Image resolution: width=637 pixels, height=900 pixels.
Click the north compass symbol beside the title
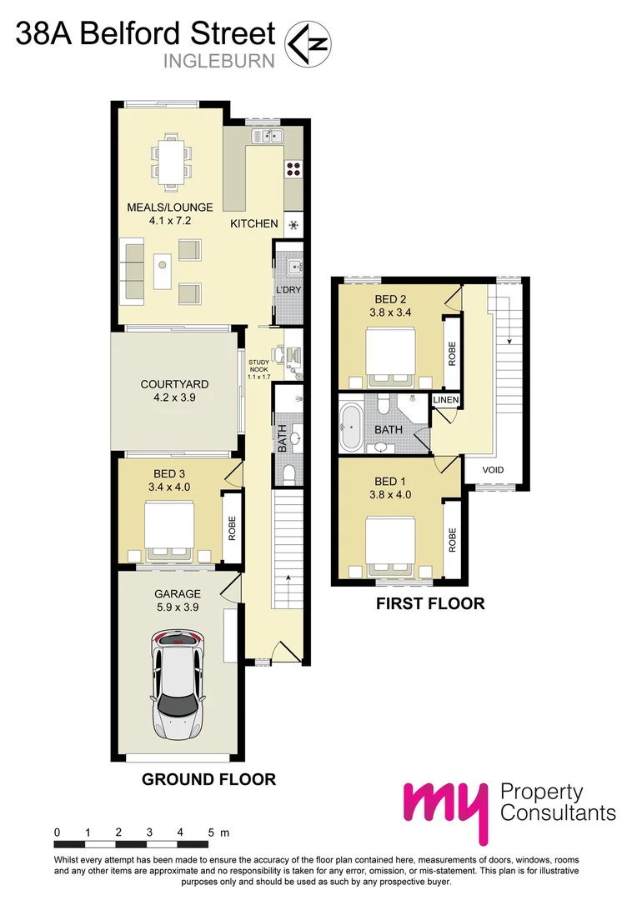[308, 43]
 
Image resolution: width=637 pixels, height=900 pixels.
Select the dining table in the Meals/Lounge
[171, 161]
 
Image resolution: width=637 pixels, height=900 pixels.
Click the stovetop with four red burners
[293, 169]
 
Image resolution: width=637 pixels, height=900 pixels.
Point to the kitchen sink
[271, 135]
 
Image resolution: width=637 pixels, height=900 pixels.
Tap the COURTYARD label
[174, 384]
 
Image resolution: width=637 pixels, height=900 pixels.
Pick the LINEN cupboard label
[445, 401]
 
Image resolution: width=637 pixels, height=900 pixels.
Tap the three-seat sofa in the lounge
[132, 270]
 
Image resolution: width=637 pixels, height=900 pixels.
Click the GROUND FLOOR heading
[208, 780]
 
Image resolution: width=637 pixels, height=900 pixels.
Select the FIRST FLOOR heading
[430, 603]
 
